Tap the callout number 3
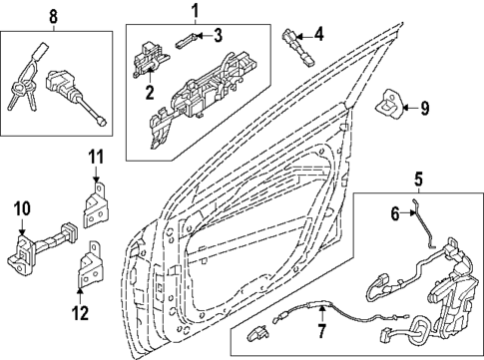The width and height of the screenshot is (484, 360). point(218,37)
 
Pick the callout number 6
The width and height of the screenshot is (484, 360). point(394,212)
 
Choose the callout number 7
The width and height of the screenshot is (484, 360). point(321,330)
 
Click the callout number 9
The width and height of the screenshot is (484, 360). point(423,107)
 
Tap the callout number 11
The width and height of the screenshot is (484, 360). point(96,157)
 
